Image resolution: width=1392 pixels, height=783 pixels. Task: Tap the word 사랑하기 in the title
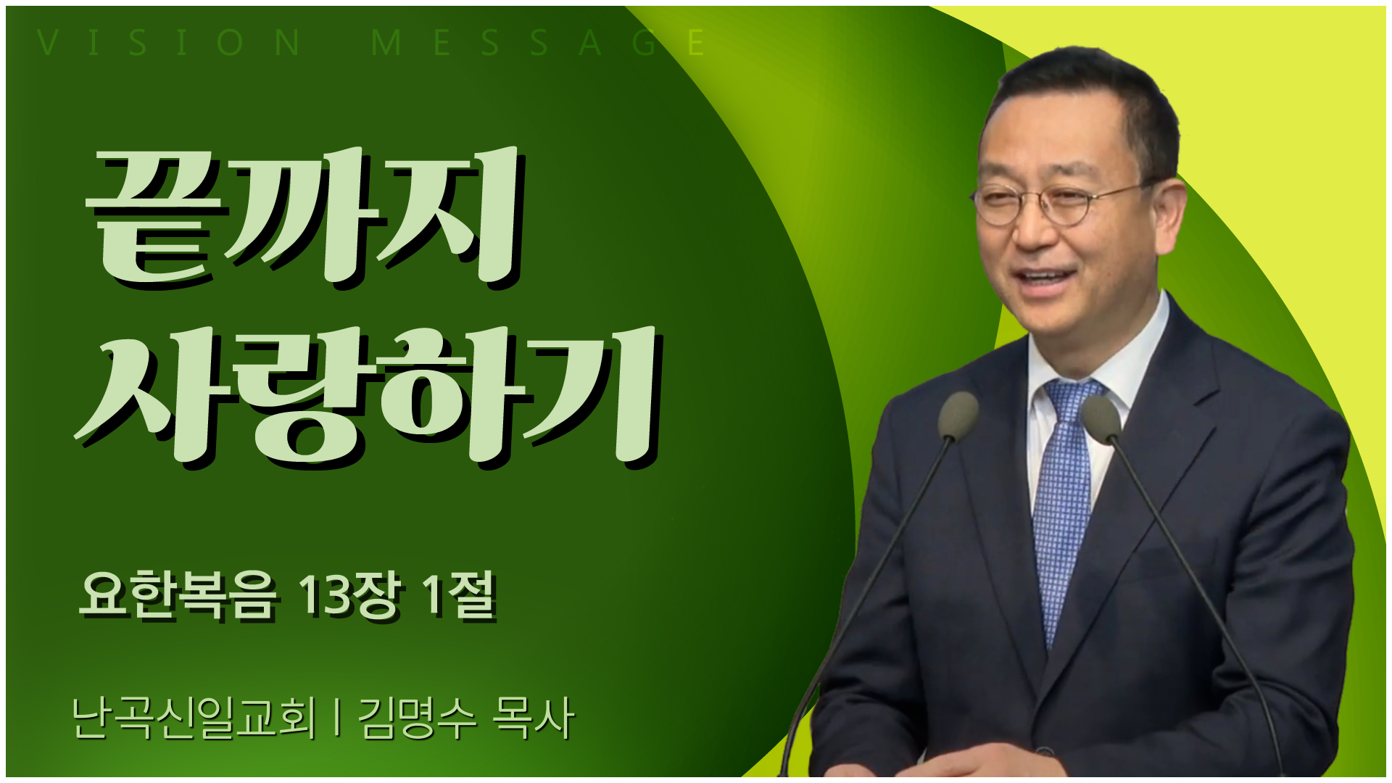click(366, 395)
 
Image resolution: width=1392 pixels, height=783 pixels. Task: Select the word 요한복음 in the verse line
click(178, 595)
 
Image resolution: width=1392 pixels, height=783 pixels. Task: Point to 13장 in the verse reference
click(349, 595)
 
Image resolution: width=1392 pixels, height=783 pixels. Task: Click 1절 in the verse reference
click(459, 595)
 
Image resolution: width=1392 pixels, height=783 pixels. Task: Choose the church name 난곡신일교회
click(194, 718)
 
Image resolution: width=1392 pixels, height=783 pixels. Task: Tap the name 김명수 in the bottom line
click(417, 718)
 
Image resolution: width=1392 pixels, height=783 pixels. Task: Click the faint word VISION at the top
click(169, 43)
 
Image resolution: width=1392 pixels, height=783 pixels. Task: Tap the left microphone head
click(958, 415)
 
